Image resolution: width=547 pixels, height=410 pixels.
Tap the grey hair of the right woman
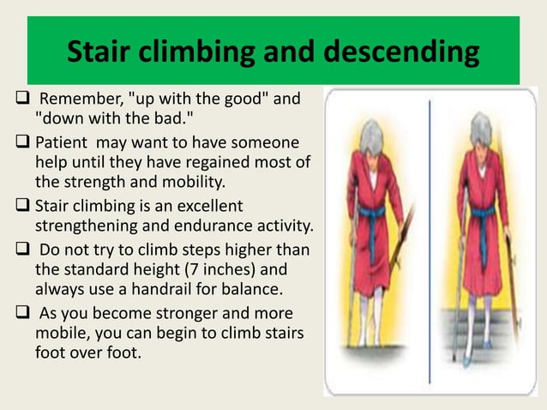click(478, 121)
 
